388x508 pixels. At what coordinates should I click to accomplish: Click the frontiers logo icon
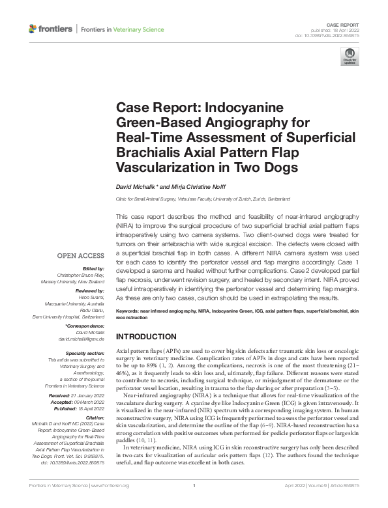point(33,29)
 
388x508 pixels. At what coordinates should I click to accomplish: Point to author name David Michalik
point(136,186)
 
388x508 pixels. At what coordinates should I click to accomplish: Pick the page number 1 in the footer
point(194,503)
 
